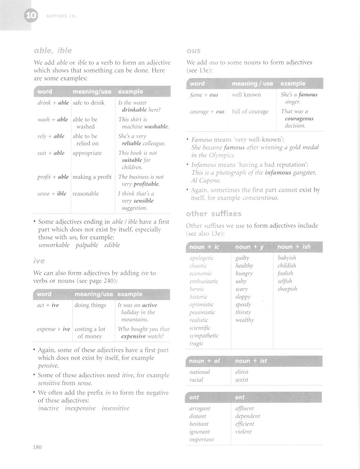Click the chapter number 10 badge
31,16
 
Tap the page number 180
37,447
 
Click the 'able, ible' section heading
53,50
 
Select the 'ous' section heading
193,51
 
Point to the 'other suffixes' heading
213,214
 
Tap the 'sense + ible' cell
52,194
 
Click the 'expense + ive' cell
53,329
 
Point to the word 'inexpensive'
80,408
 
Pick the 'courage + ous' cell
207,112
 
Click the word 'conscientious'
260,198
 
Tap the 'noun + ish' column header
294,247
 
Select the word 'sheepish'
287,289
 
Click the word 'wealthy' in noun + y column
244,320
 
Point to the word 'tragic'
196,343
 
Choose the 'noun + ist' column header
251,361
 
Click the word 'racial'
196,380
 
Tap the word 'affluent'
244,409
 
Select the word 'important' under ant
201,439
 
